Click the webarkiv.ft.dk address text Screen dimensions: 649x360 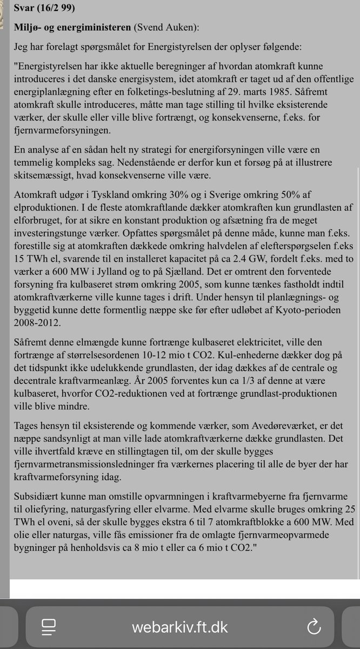pos(179,627)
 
